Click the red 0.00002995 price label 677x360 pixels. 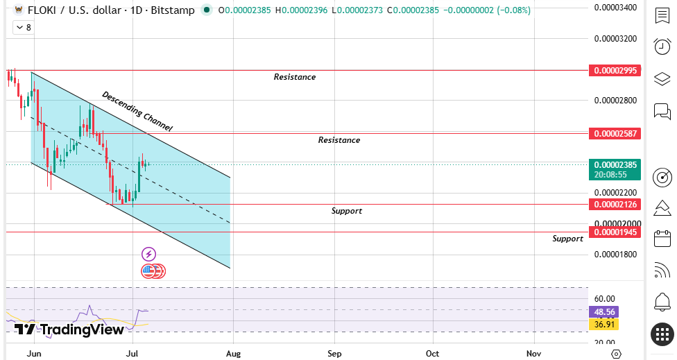click(615, 70)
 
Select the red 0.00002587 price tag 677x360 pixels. click(615, 133)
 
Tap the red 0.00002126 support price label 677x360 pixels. click(615, 204)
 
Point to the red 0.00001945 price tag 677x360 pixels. click(615, 232)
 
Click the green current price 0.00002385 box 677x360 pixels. click(615, 169)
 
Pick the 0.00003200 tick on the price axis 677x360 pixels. click(615, 39)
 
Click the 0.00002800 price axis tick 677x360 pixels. click(615, 101)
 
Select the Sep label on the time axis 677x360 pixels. click(334, 354)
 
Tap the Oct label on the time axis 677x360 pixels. click(432, 354)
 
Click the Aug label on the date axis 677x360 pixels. click(233, 354)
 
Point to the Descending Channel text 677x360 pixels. click(137, 111)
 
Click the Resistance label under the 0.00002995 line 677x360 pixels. click(295, 77)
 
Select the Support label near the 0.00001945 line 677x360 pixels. click(568, 239)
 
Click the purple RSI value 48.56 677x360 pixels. click(603, 311)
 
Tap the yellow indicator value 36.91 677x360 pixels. click(603, 324)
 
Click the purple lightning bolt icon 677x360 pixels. click(148, 255)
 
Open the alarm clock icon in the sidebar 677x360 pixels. click(662, 46)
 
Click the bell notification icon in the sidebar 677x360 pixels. click(662, 302)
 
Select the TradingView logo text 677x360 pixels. click(69, 329)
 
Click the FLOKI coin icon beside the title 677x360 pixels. click(19, 10)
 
